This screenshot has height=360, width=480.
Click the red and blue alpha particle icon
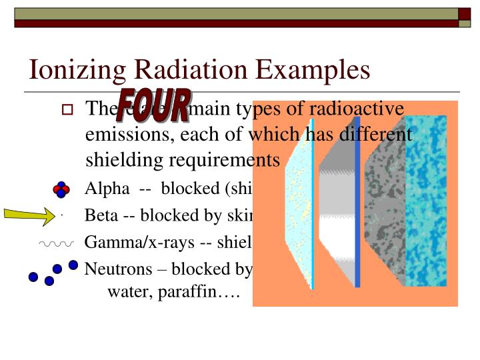pos(61,189)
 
